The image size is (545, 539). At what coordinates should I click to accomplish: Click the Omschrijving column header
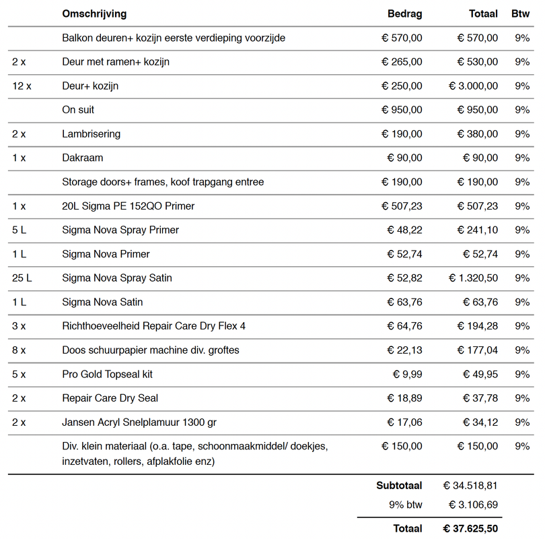click(x=94, y=13)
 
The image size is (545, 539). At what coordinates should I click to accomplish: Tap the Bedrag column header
click(x=405, y=13)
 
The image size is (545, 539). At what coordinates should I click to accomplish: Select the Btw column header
click(x=520, y=13)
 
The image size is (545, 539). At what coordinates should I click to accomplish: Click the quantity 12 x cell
click(x=22, y=86)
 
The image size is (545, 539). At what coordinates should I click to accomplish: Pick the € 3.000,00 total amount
click(x=474, y=86)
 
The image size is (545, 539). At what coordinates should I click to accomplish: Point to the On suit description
click(x=78, y=110)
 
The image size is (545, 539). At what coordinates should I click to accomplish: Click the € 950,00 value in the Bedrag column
click(x=402, y=110)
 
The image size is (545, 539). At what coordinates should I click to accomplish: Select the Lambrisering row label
click(x=91, y=134)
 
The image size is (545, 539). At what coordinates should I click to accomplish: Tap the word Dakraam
click(x=82, y=158)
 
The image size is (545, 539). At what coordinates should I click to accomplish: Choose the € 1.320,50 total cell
click(x=474, y=278)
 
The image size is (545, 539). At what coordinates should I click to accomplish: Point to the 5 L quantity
click(x=19, y=230)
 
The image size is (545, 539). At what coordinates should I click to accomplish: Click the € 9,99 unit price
click(x=408, y=374)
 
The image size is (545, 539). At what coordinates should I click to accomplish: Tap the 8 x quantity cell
click(x=19, y=350)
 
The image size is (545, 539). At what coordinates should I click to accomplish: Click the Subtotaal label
click(x=399, y=485)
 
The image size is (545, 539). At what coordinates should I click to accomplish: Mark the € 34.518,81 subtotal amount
click(x=471, y=485)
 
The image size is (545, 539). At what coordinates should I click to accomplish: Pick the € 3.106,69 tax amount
click(x=474, y=505)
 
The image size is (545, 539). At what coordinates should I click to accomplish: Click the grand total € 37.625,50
click(x=471, y=528)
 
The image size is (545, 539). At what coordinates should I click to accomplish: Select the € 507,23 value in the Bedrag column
click(x=402, y=206)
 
